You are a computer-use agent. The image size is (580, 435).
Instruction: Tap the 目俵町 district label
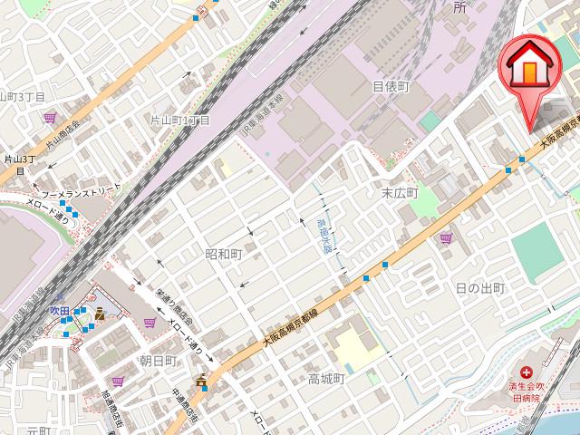391,87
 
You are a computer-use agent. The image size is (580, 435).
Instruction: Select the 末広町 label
399,193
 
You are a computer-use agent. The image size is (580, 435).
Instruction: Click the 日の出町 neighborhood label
479,288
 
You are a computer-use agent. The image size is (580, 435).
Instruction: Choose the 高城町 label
326,379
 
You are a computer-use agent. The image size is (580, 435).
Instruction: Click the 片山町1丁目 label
179,120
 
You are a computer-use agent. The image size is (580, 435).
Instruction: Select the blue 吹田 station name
60,311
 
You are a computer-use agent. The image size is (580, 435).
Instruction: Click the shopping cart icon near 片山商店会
49,117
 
